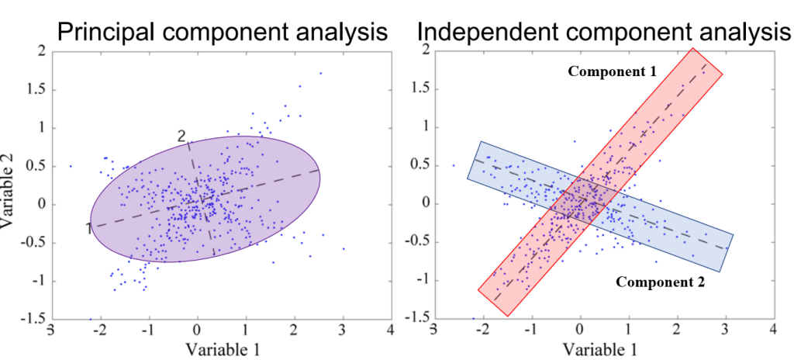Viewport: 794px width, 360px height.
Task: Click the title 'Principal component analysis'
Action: pos(223,32)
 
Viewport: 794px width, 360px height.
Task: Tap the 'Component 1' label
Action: pos(613,71)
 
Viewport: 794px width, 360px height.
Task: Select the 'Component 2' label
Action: pos(661,282)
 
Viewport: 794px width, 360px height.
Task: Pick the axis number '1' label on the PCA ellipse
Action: pos(89,227)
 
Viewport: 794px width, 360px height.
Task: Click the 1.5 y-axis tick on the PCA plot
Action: pos(36,90)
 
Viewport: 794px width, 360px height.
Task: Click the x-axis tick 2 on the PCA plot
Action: pos(294,329)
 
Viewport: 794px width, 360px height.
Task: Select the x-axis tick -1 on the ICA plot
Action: pos(530,329)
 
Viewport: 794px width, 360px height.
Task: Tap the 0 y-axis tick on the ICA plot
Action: pos(425,204)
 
